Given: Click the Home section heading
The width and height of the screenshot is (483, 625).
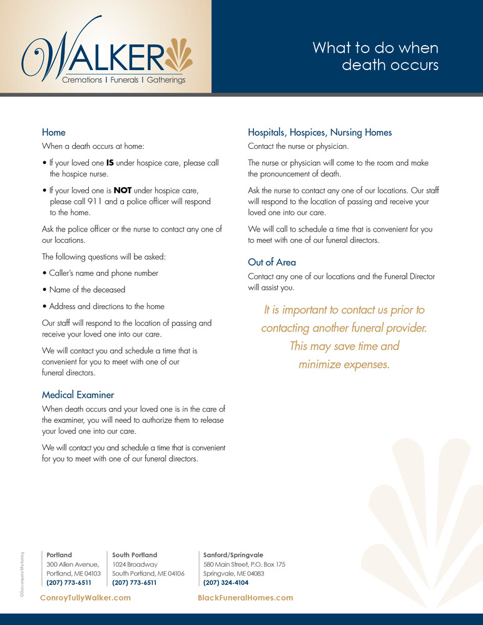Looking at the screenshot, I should coord(54,133).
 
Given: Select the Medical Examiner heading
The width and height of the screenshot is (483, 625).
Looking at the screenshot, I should coord(78,395).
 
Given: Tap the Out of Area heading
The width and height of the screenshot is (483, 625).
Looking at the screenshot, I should coord(272,262).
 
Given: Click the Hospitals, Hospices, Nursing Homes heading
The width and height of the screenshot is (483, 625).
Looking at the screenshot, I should coord(320,133).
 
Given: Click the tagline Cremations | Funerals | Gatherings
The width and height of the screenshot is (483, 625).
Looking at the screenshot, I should coord(124,80).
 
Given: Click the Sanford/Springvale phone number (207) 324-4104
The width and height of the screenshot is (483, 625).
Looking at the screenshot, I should coord(226,583).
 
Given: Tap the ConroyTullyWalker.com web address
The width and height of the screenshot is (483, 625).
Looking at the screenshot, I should coord(85,598).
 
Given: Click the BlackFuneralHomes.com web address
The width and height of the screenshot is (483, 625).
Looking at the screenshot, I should coord(245,598).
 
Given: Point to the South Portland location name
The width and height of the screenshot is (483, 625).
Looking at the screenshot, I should coord(135,555).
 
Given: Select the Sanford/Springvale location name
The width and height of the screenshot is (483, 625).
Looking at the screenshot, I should coord(233,555).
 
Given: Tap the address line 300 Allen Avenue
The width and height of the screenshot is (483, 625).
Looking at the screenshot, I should coord(73,564).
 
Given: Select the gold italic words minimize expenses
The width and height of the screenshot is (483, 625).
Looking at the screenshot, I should coord(344,364).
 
